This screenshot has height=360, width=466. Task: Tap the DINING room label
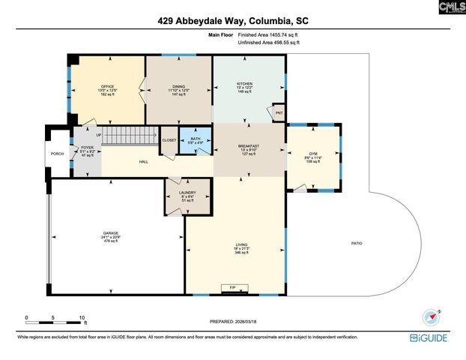click(178, 87)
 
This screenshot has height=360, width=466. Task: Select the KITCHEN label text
click(245, 83)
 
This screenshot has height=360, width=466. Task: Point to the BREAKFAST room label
click(249, 146)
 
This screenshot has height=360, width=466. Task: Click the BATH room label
click(195, 139)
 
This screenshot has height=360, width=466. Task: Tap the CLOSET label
click(169, 140)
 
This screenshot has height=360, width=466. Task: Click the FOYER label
click(86, 148)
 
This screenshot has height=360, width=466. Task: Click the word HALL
click(144, 161)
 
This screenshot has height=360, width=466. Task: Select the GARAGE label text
click(111, 233)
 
